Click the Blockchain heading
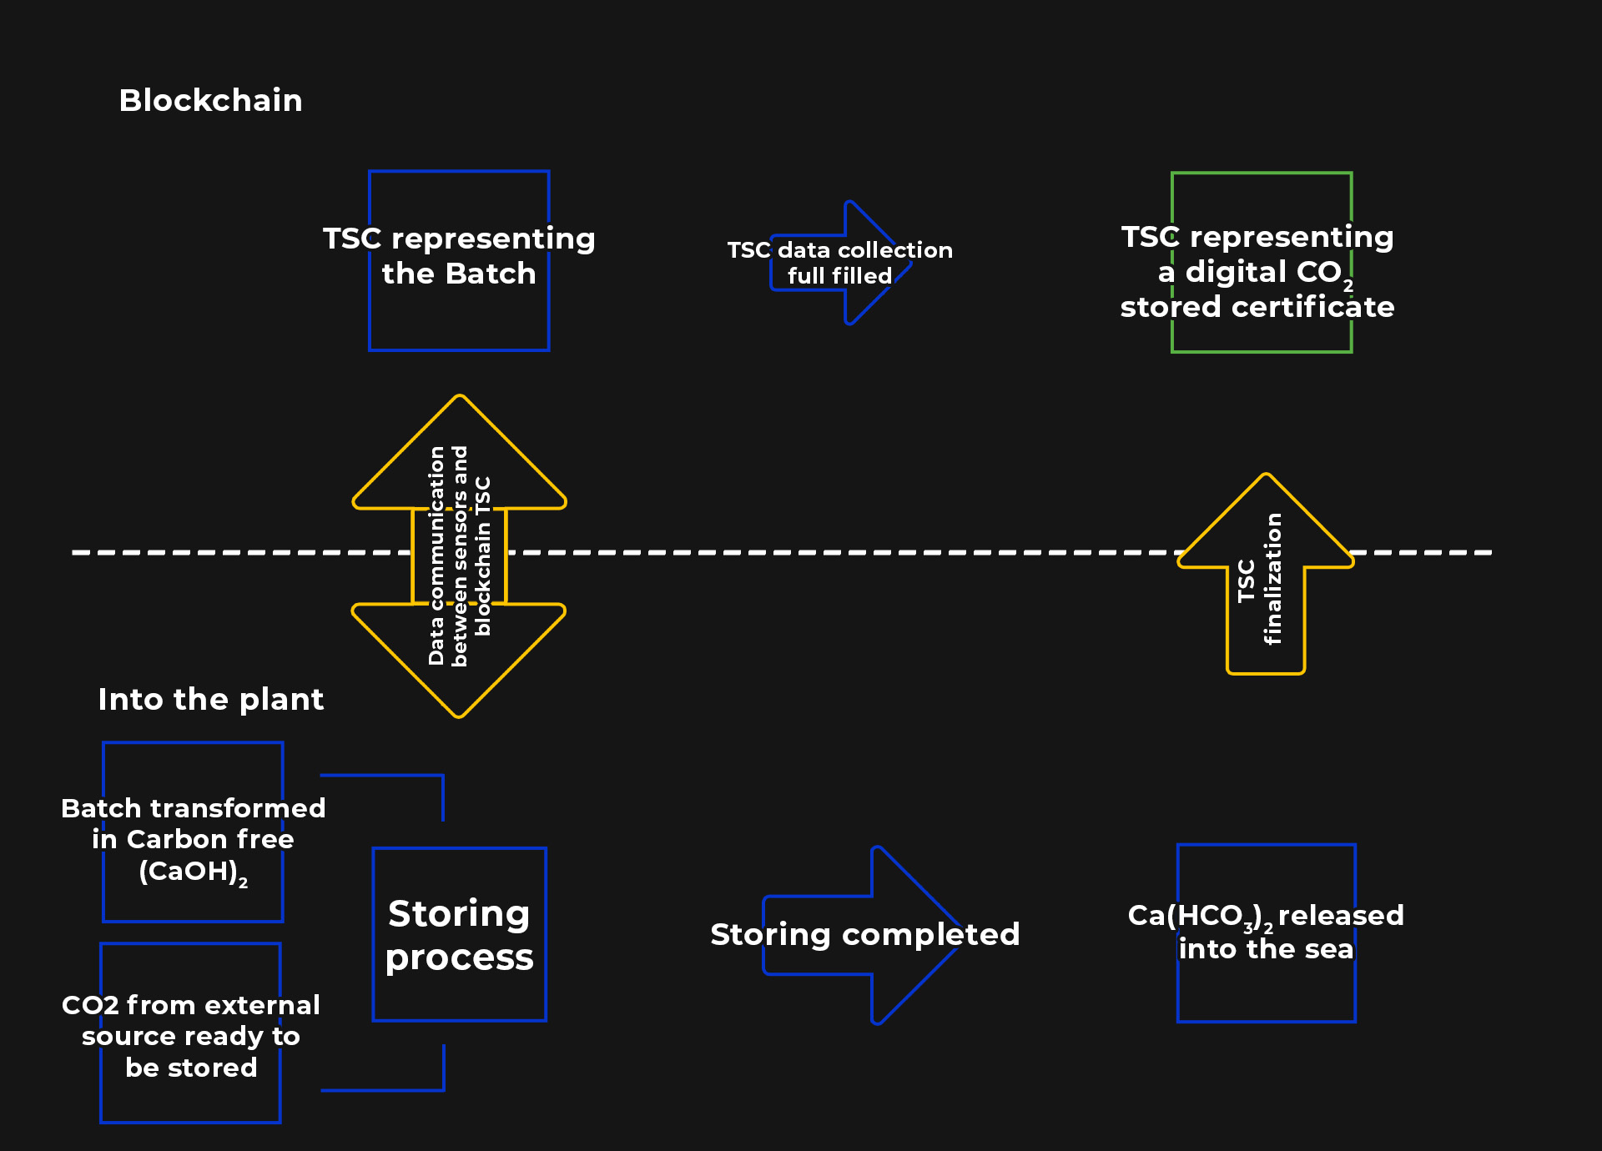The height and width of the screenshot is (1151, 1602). tap(210, 101)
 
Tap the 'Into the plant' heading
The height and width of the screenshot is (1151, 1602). tap(210, 699)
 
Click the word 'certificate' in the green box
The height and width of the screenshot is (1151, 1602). tap(1313, 307)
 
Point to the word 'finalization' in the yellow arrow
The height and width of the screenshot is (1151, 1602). tap(1273, 579)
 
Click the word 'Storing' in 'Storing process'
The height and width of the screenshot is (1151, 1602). tap(459, 913)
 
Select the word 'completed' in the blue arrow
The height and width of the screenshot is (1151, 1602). tap(930, 935)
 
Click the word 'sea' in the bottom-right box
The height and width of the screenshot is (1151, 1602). tap(1328, 949)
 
